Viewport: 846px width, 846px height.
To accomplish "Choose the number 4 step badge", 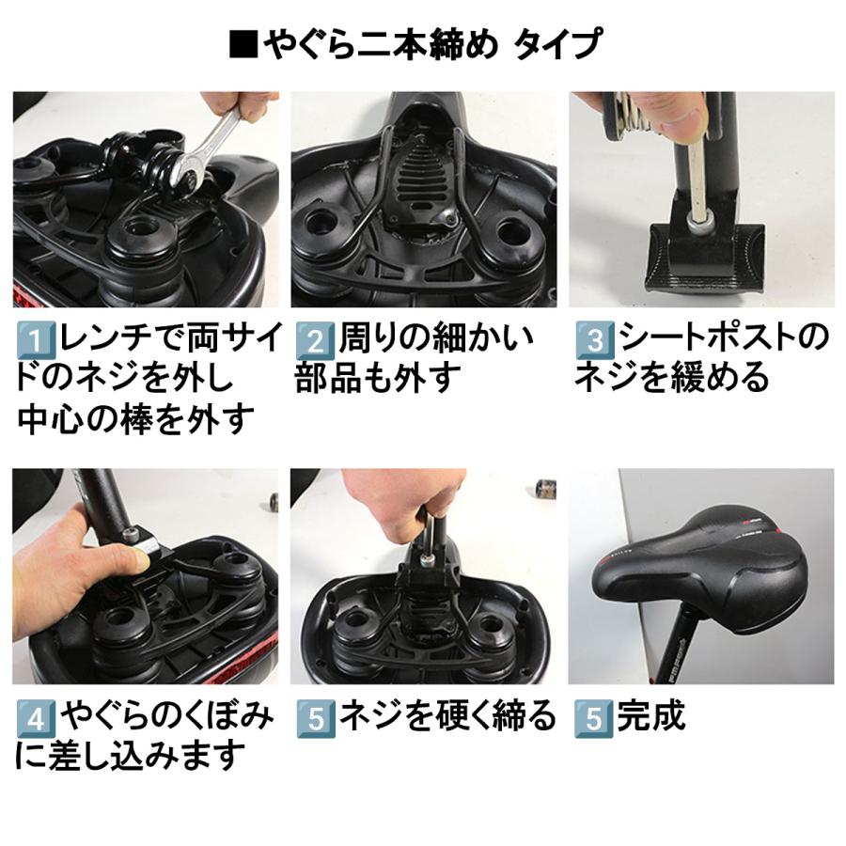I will point(34,718).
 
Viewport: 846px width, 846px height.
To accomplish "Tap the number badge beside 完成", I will point(592,718).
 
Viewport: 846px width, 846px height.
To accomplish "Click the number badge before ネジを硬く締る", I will point(313,718).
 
